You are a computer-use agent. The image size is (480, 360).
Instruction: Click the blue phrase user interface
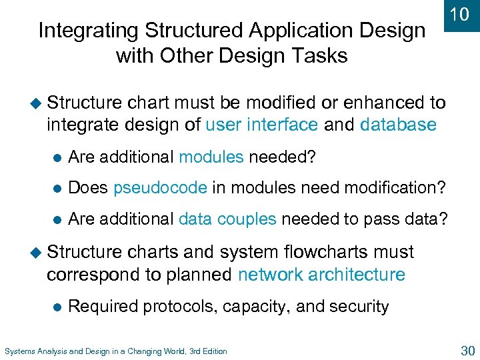[261, 125]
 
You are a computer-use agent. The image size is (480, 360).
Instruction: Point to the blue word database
[398, 125]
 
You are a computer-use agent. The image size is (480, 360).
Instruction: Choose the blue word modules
[211, 157]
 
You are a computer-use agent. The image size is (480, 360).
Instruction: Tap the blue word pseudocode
[160, 188]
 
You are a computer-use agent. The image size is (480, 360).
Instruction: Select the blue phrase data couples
[227, 219]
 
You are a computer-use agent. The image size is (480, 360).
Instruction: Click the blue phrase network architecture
[321, 275]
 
